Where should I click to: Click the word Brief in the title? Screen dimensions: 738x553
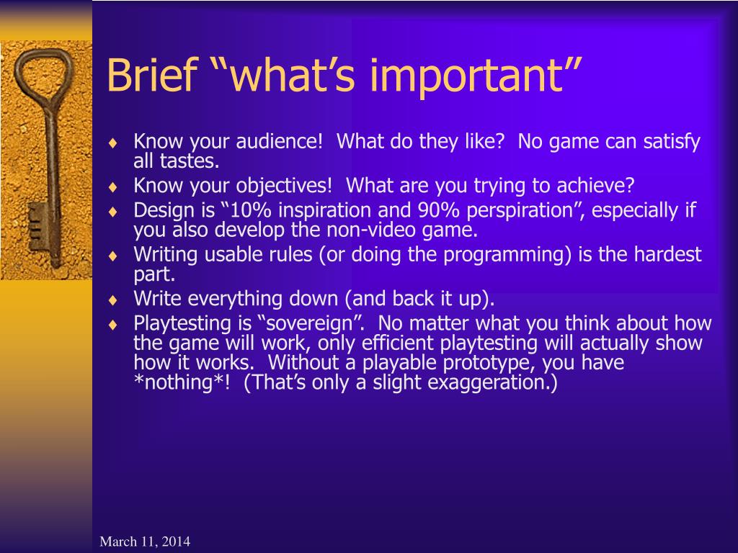pyautogui.click(x=151, y=75)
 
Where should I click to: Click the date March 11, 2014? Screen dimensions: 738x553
pyautogui.click(x=145, y=541)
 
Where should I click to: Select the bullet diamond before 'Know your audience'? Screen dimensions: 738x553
pyautogui.click(x=112, y=143)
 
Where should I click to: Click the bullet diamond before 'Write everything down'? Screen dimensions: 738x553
pyautogui.click(x=112, y=300)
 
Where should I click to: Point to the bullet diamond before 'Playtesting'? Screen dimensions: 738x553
pyautogui.click(x=112, y=325)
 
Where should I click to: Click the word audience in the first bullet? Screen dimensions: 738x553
pyautogui.click(x=279, y=141)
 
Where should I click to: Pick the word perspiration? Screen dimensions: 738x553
pyautogui.click(x=520, y=211)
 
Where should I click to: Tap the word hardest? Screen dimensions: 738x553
pyautogui.click(x=667, y=254)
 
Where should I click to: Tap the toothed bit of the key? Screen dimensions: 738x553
pyautogui.click(x=37, y=227)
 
